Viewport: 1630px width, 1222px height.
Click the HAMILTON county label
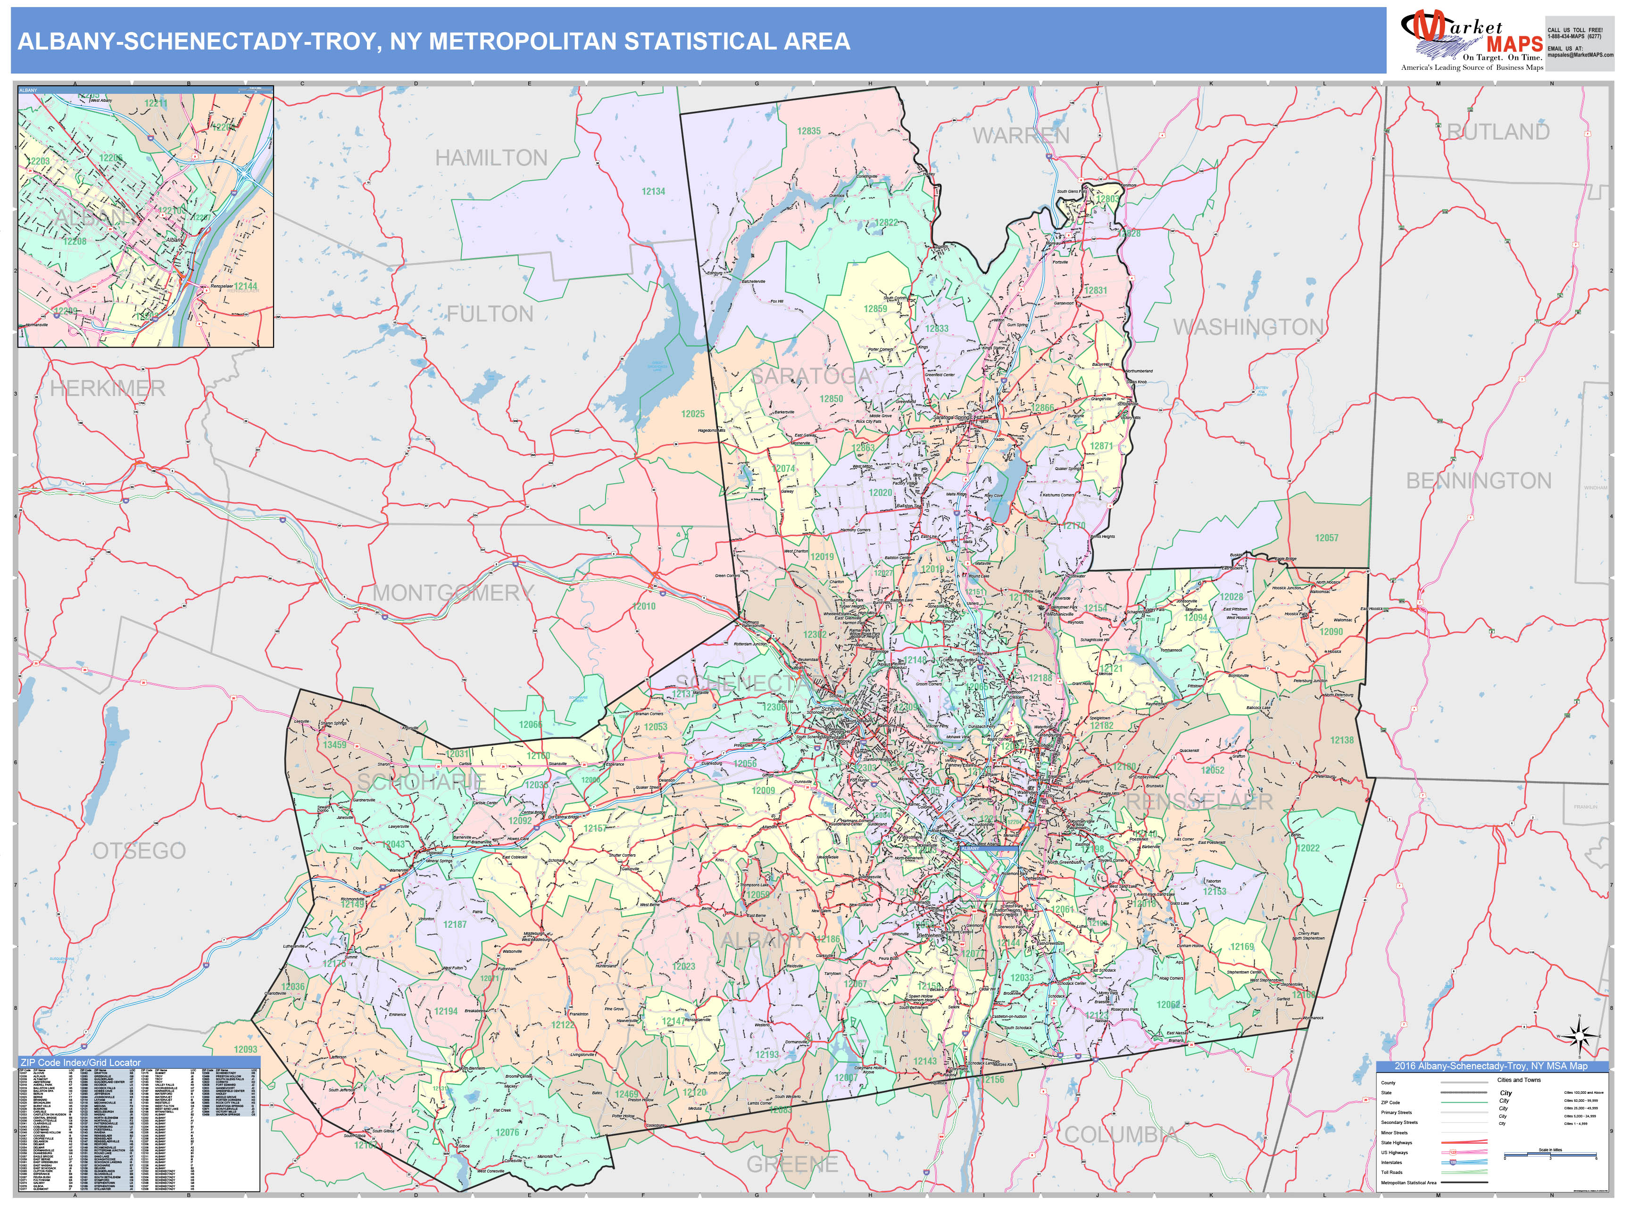coord(491,157)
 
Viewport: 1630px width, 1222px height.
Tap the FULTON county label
coord(490,314)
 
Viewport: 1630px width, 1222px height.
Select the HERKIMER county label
coord(108,388)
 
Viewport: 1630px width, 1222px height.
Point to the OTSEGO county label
coord(139,851)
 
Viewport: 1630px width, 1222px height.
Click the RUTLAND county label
coord(1498,132)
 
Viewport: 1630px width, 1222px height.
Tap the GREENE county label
coord(792,1164)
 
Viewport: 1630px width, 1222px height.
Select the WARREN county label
coord(1021,135)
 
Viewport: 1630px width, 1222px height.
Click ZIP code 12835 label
coord(808,131)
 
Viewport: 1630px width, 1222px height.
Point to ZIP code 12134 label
coord(653,191)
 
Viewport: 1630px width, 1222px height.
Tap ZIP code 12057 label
coord(1326,538)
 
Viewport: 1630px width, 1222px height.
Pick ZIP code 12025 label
coord(693,414)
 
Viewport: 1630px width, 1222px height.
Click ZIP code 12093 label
coord(245,1049)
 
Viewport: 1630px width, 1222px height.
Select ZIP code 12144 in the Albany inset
coord(245,286)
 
